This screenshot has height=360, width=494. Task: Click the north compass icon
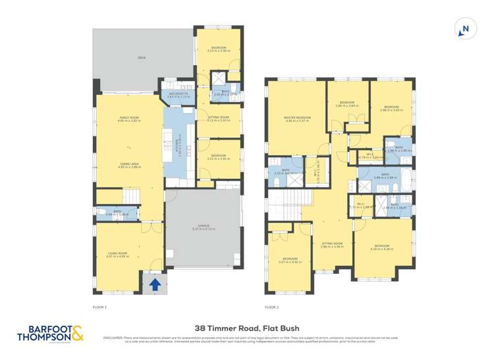point(465,28)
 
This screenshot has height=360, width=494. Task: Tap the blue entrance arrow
point(155,285)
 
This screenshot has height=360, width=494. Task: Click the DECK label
point(141,59)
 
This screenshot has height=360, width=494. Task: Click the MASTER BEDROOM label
point(298,118)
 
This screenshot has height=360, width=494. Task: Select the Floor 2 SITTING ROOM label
point(333,244)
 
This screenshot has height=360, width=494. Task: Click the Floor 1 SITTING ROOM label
point(217,118)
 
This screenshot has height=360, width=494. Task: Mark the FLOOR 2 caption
point(272,307)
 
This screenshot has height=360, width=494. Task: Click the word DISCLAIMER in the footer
point(111,337)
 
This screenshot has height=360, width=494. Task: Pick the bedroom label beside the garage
point(217,157)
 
